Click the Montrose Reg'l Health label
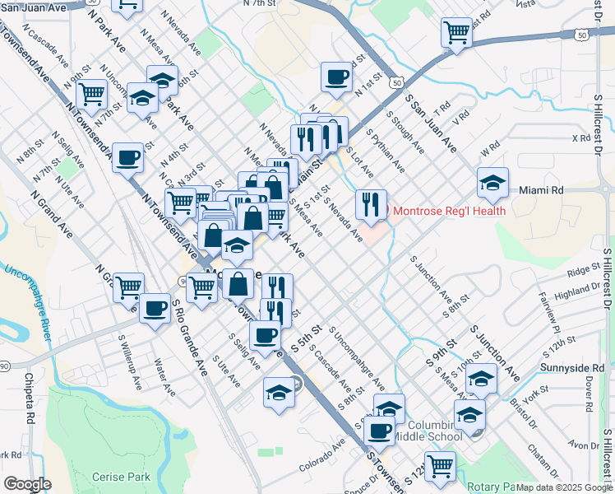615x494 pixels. pos(449,211)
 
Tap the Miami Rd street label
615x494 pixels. pos(541,190)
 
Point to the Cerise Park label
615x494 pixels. pos(122,477)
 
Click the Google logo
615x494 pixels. pos(27,484)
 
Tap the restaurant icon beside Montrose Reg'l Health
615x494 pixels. pos(371,203)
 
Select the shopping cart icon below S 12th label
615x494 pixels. pos(440,466)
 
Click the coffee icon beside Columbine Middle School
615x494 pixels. pos(378,431)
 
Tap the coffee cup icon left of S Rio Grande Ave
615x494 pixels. pos(154,309)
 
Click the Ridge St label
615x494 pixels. pos(584,270)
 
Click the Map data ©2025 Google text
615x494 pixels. pos(563,487)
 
